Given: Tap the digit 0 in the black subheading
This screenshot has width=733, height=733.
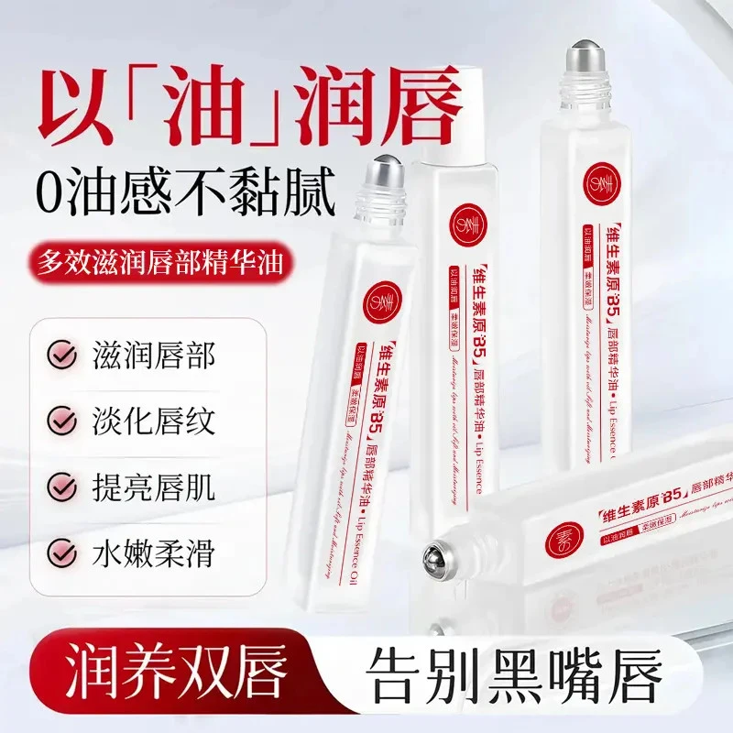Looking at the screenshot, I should tap(56, 191).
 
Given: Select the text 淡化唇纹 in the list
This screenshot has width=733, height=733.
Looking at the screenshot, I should tap(154, 421).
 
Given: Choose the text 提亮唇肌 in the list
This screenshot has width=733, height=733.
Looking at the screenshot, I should tap(154, 487).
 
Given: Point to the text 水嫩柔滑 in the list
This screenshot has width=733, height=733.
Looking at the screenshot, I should tap(154, 552).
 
